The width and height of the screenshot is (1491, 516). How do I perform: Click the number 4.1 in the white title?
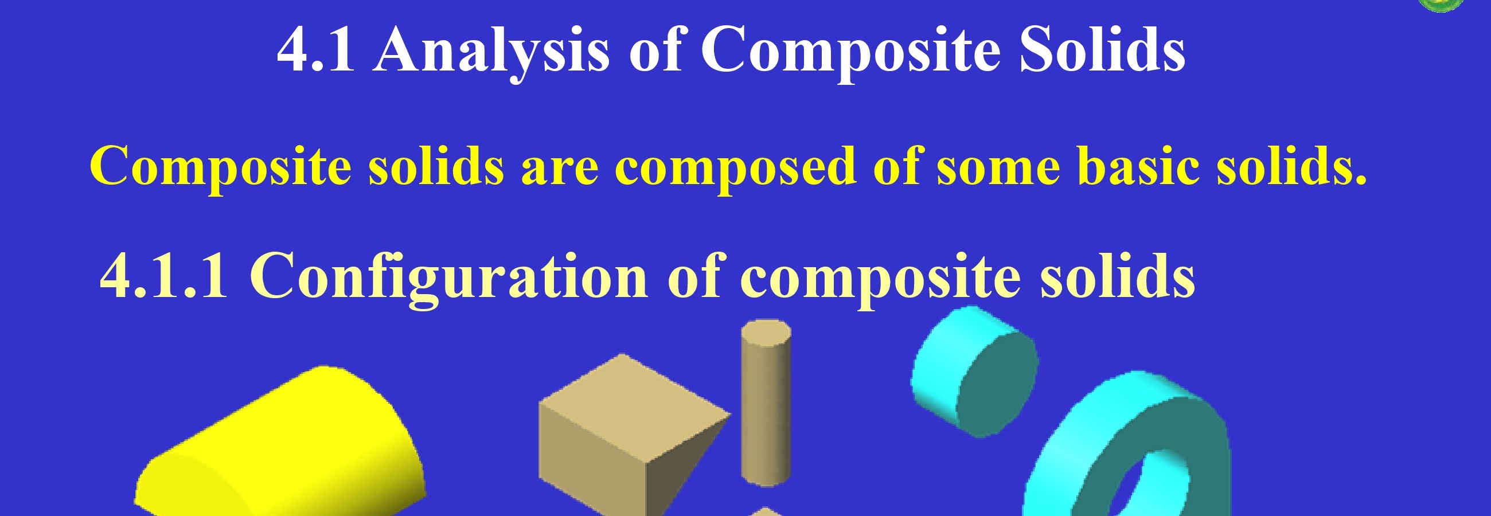tap(316, 50)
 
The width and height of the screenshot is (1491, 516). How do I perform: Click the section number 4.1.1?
tap(165, 276)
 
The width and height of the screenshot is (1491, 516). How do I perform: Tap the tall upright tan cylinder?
tap(766, 403)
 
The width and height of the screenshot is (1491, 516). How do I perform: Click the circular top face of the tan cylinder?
tap(766, 333)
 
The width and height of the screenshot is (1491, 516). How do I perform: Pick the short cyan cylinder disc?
tap(974, 372)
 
